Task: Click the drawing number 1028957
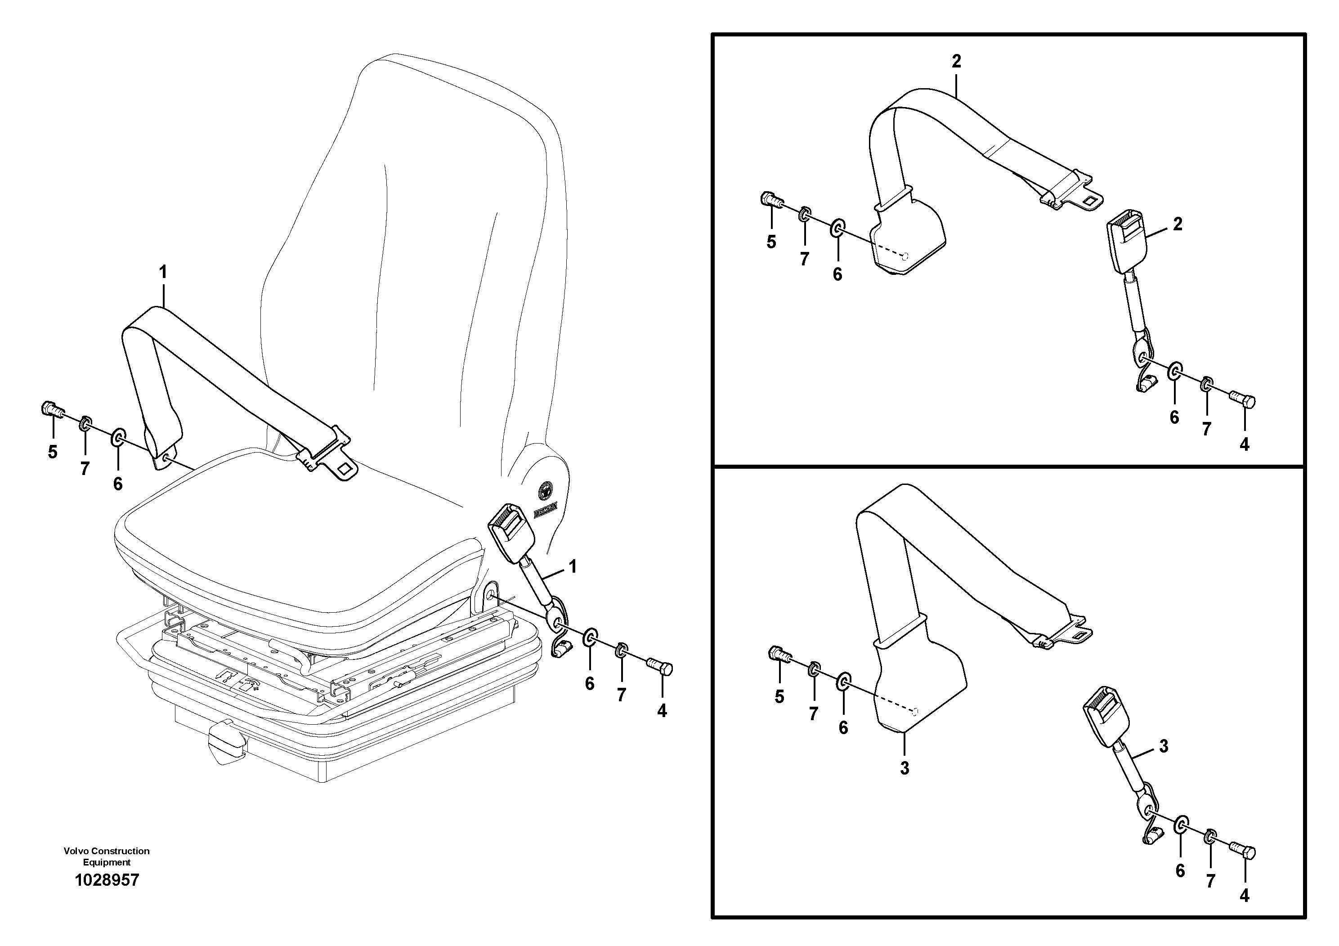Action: point(107,880)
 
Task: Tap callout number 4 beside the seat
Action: point(661,710)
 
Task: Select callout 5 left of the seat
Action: point(53,452)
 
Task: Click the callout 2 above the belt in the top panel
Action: point(956,61)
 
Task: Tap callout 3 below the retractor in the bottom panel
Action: point(904,768)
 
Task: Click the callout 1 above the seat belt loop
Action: point(163,272)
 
